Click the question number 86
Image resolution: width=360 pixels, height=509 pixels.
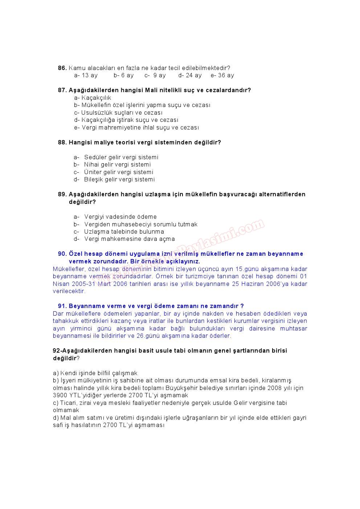[x=62, y=68]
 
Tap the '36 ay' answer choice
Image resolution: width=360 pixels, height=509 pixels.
[x=226, y=75]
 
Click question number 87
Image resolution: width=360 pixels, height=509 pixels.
[x=62, y=90]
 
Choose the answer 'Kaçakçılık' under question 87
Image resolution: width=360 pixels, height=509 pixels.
[x=96, y=98]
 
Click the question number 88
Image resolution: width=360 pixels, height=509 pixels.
[x=62, y=142]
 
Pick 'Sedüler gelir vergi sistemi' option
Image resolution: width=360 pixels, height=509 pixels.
[x=121, y=157]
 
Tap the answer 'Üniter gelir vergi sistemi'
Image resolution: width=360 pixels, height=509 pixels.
[x=119, y=172]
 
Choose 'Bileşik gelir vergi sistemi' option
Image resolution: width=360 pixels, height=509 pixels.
[x=119, y=179]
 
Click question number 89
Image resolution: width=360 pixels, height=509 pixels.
[x=62, y=194]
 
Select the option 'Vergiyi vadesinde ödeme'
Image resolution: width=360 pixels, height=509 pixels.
[x=120, y=217]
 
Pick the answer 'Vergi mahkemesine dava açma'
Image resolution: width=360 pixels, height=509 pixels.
[x=130, y=239]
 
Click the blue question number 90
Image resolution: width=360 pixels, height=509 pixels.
[x=62, y=254]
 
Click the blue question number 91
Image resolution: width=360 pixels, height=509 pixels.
[x=62, y=306]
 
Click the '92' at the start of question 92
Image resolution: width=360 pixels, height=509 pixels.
[x=56, y=350]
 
